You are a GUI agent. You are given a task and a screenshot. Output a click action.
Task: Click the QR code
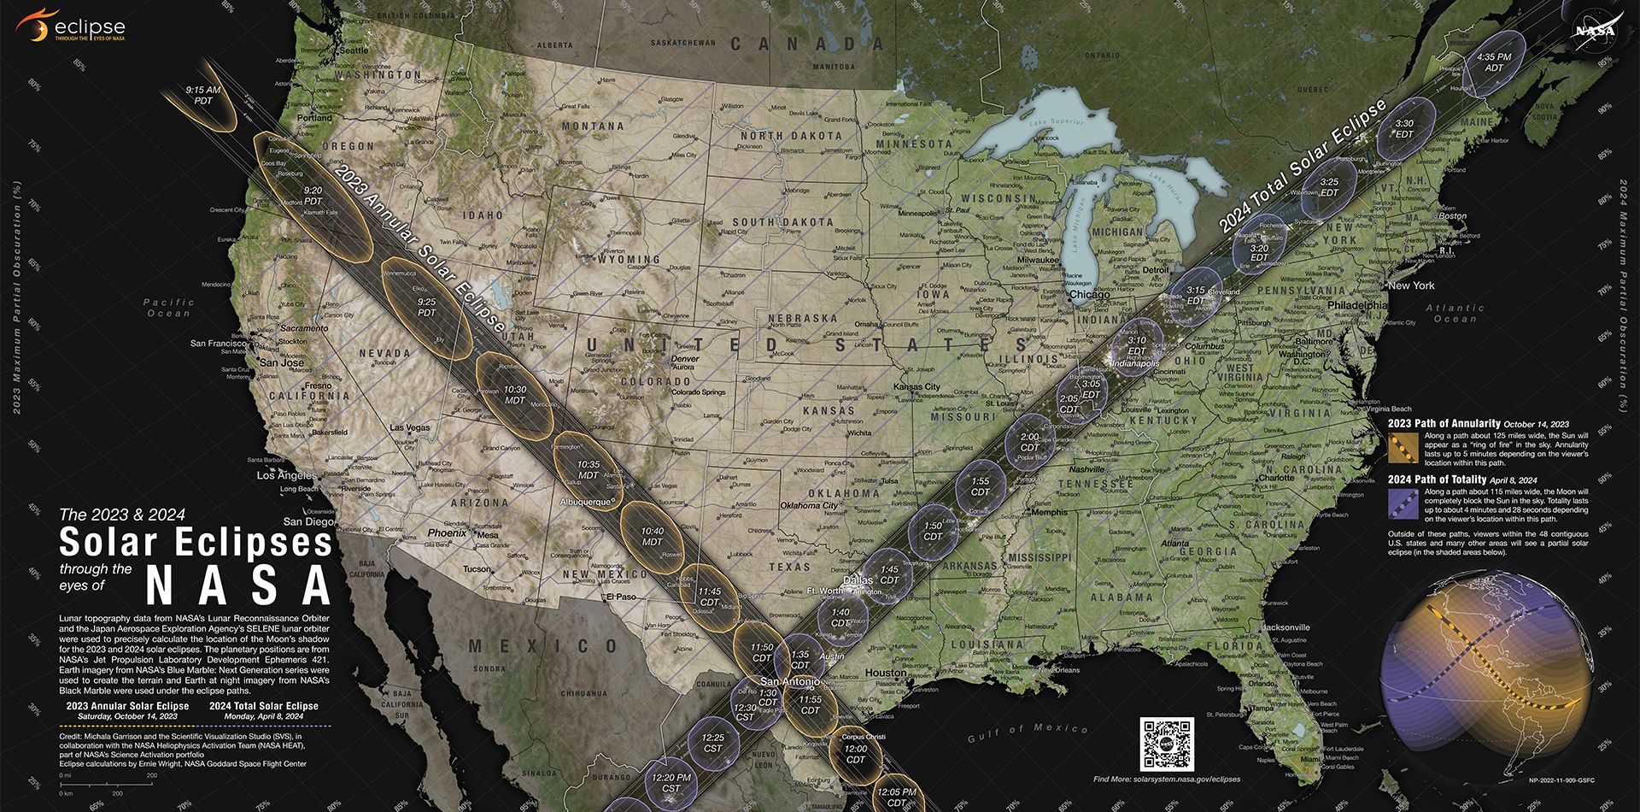(1167, 744)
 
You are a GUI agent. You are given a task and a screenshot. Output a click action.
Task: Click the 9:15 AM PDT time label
(203, 95)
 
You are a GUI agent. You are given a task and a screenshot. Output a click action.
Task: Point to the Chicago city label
(1089, 295)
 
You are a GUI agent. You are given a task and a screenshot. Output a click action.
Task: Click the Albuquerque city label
(586, 502)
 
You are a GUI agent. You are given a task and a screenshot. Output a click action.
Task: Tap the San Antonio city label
(790, 681)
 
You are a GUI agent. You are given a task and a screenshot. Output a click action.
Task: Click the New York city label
(1411, 285)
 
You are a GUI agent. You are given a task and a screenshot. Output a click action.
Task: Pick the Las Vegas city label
(410, 427)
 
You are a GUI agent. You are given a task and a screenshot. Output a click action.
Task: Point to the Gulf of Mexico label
(1028, 733)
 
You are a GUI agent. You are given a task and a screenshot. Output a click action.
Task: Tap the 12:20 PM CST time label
(671, 783)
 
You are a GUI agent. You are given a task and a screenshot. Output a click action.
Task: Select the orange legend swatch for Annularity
(1403, 447)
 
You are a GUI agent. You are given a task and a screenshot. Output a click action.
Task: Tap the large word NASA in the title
(238, 585)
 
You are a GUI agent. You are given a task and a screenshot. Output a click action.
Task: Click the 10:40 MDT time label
(652, 536)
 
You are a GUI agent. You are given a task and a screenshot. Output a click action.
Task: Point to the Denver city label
(685, 359)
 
